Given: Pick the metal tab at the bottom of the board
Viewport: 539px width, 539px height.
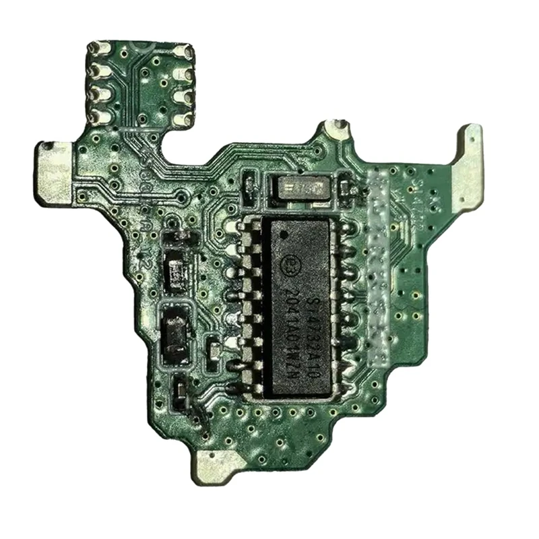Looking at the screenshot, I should pos(218,465).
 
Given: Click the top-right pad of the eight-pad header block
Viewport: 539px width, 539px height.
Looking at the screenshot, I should pos(183,53).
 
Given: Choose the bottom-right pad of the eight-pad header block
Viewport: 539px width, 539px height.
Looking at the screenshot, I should pos(181,119).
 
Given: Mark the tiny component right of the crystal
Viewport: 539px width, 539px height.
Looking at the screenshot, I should pos(346,184).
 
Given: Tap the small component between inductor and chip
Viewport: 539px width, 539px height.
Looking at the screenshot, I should pos(214,349).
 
